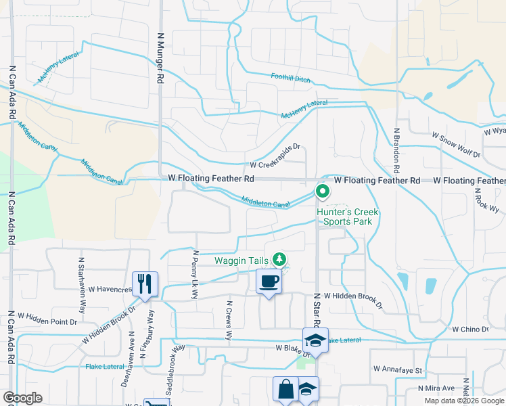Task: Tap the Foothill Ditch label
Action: tap(291, 78)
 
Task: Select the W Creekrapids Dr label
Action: tap(275, 164)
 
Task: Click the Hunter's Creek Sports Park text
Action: tap(348, 217)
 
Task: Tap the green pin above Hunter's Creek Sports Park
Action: tap(323, 191)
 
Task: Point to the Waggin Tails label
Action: tap(242, 261)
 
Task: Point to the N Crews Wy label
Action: tap(229, 321)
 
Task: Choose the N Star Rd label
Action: tap(316, 314)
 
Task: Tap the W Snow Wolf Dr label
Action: tap(456, 145)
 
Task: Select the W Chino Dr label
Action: tap(470, 330)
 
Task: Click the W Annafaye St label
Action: tap(397, 370)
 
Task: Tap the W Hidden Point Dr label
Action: tap(48, 317)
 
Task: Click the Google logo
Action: tap(22, 398)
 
